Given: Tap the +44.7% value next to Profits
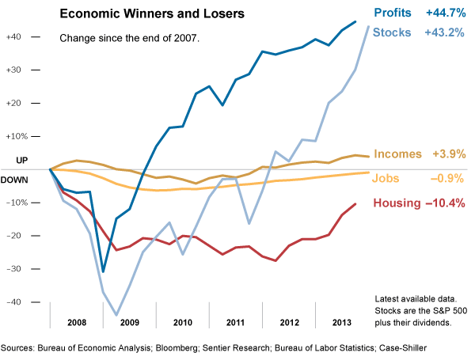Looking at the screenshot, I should click(x=445, y=13).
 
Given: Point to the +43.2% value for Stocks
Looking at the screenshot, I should click(x=445, y=32).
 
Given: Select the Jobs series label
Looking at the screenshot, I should click(x=386, y=178).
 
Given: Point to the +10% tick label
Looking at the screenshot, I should click(x=14, y=136).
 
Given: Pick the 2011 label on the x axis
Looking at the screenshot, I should click(x=234, y=324).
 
